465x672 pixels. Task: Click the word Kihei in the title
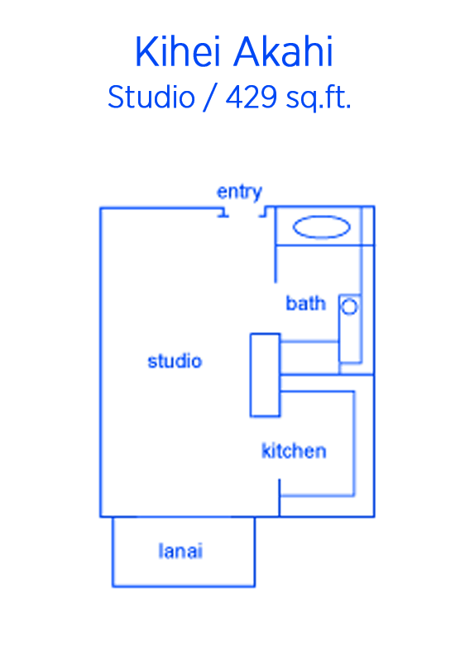(x=183, y=51)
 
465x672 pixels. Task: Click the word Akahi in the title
(x=285, y=51)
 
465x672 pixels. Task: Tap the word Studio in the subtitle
(x=151, y=97)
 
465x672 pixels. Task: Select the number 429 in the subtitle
(x=252, y=97)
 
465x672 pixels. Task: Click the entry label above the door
(x=239, y=193)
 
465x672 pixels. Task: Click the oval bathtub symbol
(x=321, y=226)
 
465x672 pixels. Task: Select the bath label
(x=306, y=303)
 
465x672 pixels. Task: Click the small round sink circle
(x=349, y=307)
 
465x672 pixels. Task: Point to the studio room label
(x=175, y=361)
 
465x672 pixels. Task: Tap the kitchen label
(x=294, y=450)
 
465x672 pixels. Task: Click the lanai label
(x=180, y=551)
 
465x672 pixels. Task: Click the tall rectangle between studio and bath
(x=265, y=375)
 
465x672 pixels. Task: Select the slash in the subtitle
(x=210, y=98)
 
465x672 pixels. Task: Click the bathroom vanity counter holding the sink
(x=350, y=329)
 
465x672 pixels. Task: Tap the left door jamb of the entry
(x=223, y=212)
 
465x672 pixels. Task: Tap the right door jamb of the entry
(x=263, y=212)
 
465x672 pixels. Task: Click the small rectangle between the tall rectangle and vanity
(x=309, y=358)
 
